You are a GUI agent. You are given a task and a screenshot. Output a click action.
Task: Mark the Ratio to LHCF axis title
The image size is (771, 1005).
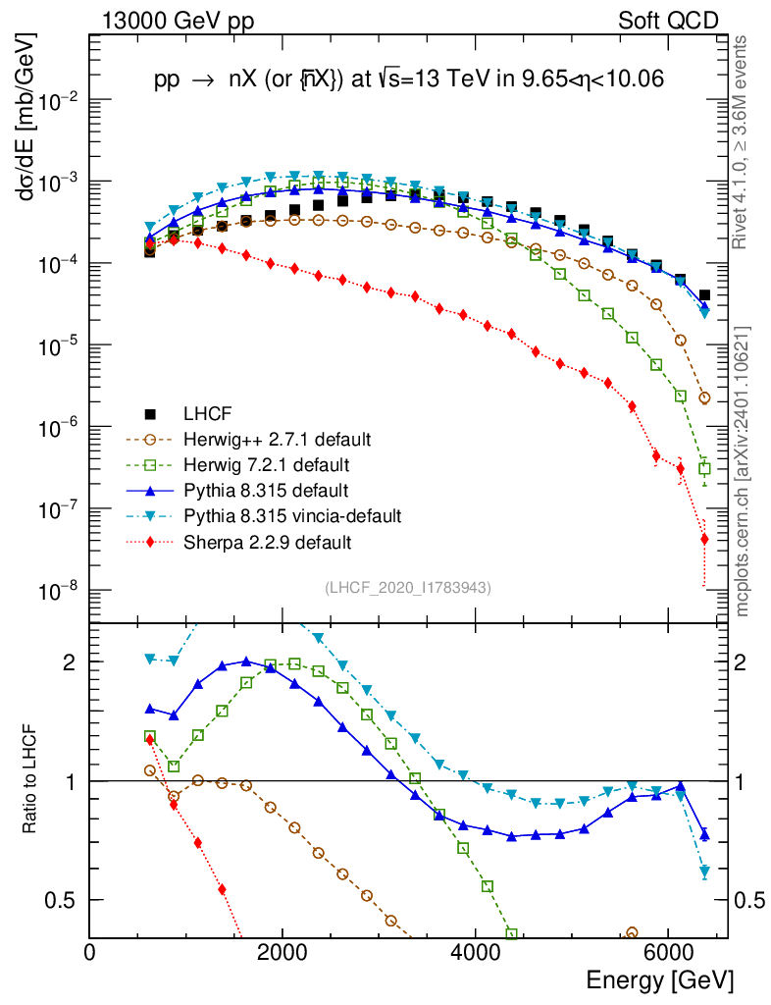(x=30, y=780)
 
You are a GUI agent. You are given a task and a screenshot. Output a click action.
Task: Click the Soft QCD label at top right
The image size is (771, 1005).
(x=668, y=21)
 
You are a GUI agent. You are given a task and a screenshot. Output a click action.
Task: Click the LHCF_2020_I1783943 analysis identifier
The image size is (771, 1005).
(x=408, y=587)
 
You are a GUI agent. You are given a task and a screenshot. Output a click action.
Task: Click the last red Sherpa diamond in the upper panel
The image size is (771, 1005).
(x=704, y=538)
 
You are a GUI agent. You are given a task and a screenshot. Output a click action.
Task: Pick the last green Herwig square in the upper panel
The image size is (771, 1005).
(x=704, y=469)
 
